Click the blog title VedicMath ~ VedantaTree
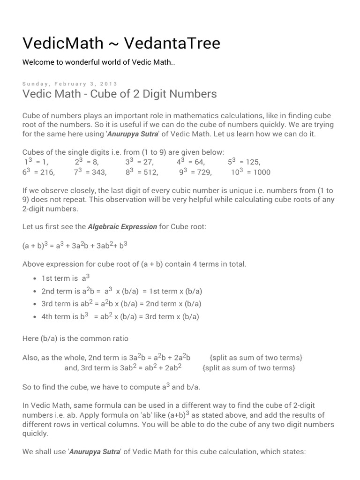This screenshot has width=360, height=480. pos(121,43)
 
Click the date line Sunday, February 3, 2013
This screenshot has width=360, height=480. pos(70,83)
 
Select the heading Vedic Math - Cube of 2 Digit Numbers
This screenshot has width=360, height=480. pos(120,94)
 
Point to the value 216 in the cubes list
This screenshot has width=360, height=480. pos(47,172)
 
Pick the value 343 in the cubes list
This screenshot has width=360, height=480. pos(99,172)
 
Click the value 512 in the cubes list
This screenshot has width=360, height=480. pos(150,172)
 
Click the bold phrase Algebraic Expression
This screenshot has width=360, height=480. pos(122,227)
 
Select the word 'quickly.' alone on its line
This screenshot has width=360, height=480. pos(36,434)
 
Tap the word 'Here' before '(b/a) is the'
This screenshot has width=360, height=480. pos(31,338)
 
